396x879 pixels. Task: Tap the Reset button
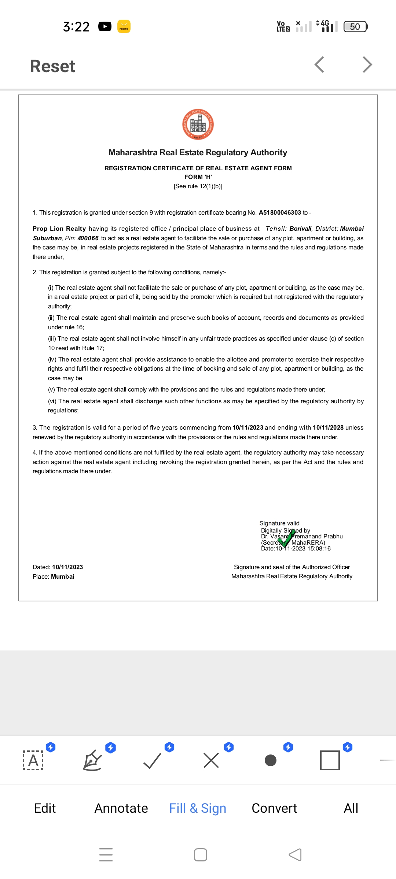click(x=52, y=66)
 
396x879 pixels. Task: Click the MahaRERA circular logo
click(x=198, y=125)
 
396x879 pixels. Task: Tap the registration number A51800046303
click(x=280, y=212)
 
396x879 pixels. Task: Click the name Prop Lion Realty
click(x=59, y=229)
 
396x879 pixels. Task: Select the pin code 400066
click(x=88, y=238)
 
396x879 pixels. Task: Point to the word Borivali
click(x=300, y=229)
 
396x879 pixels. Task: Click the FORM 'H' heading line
click(x=198, y=177)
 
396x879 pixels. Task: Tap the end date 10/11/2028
click(x=328, y=427)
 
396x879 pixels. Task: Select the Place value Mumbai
click(x=62, y=576)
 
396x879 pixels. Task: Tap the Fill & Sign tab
click(x=198, y=808)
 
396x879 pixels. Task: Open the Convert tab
click(x=274, y=808)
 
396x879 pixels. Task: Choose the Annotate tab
click(x=121, y=808)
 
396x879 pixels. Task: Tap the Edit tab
click(x=45, y=808)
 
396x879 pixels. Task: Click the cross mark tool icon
click(x=211, y=760)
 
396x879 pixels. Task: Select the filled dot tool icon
click(x=271, y=760)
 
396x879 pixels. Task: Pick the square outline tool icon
click(x=330, y=760)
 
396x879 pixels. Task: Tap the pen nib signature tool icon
click(x=92, y=760)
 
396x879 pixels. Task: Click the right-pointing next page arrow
click(x=367, y=65)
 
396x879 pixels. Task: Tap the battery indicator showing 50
click(x=355, y=26)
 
